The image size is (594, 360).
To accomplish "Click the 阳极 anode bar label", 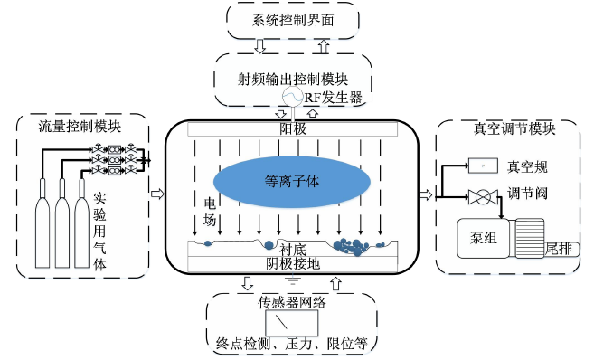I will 293,130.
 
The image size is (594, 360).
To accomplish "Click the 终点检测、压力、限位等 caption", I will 291,344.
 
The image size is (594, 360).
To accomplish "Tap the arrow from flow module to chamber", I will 156,192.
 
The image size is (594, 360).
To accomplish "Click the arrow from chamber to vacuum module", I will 426,192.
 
